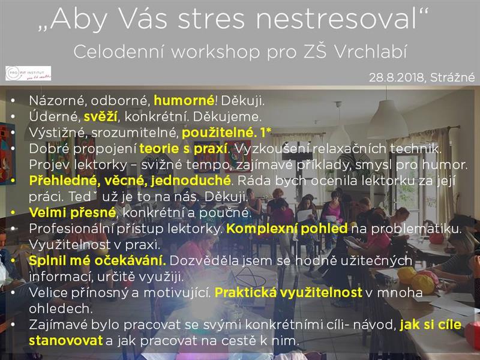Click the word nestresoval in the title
337,19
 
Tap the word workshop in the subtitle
216,52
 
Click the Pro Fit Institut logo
28,73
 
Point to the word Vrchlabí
370,52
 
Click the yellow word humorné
184,100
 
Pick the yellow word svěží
100,116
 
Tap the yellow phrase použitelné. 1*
227,133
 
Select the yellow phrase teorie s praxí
184,149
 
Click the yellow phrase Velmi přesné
73,212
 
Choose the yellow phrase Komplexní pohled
287,229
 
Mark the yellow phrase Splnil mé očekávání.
97,260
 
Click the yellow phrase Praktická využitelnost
289,293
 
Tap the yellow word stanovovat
66,341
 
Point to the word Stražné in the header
452,77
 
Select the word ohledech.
61,308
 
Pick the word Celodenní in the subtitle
119,52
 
